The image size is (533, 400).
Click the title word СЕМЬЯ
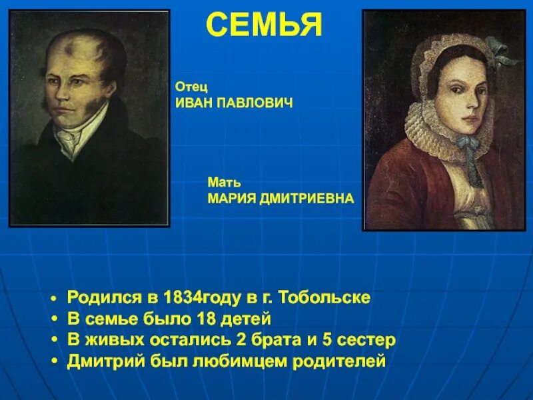[264, 25]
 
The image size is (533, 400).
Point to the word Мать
[224, 182]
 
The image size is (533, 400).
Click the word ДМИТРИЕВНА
[308, 199]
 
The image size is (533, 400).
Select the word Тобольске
[324, 297]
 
